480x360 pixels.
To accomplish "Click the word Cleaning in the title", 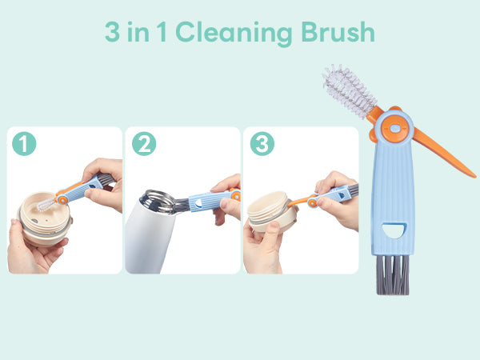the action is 234,34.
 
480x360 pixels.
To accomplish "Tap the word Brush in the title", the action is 338,31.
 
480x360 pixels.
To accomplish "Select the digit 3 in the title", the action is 112,32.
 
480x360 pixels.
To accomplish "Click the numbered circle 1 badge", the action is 24,143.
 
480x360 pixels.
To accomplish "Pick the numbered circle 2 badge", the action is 144,143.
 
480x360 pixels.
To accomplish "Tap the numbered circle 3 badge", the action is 262,143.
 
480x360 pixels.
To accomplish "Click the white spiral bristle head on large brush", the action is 348,90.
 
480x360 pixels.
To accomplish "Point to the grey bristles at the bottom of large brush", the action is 393,275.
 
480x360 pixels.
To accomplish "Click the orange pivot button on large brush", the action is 395,129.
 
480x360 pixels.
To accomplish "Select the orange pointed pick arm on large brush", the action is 444,153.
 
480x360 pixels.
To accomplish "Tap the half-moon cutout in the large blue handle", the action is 394,230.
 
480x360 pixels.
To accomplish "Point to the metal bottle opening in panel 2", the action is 158,202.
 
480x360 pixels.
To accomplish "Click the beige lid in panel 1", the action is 45,218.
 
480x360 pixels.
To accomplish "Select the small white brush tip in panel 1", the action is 46,204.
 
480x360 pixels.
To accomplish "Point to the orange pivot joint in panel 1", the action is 62,199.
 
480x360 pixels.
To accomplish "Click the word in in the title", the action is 138,32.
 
